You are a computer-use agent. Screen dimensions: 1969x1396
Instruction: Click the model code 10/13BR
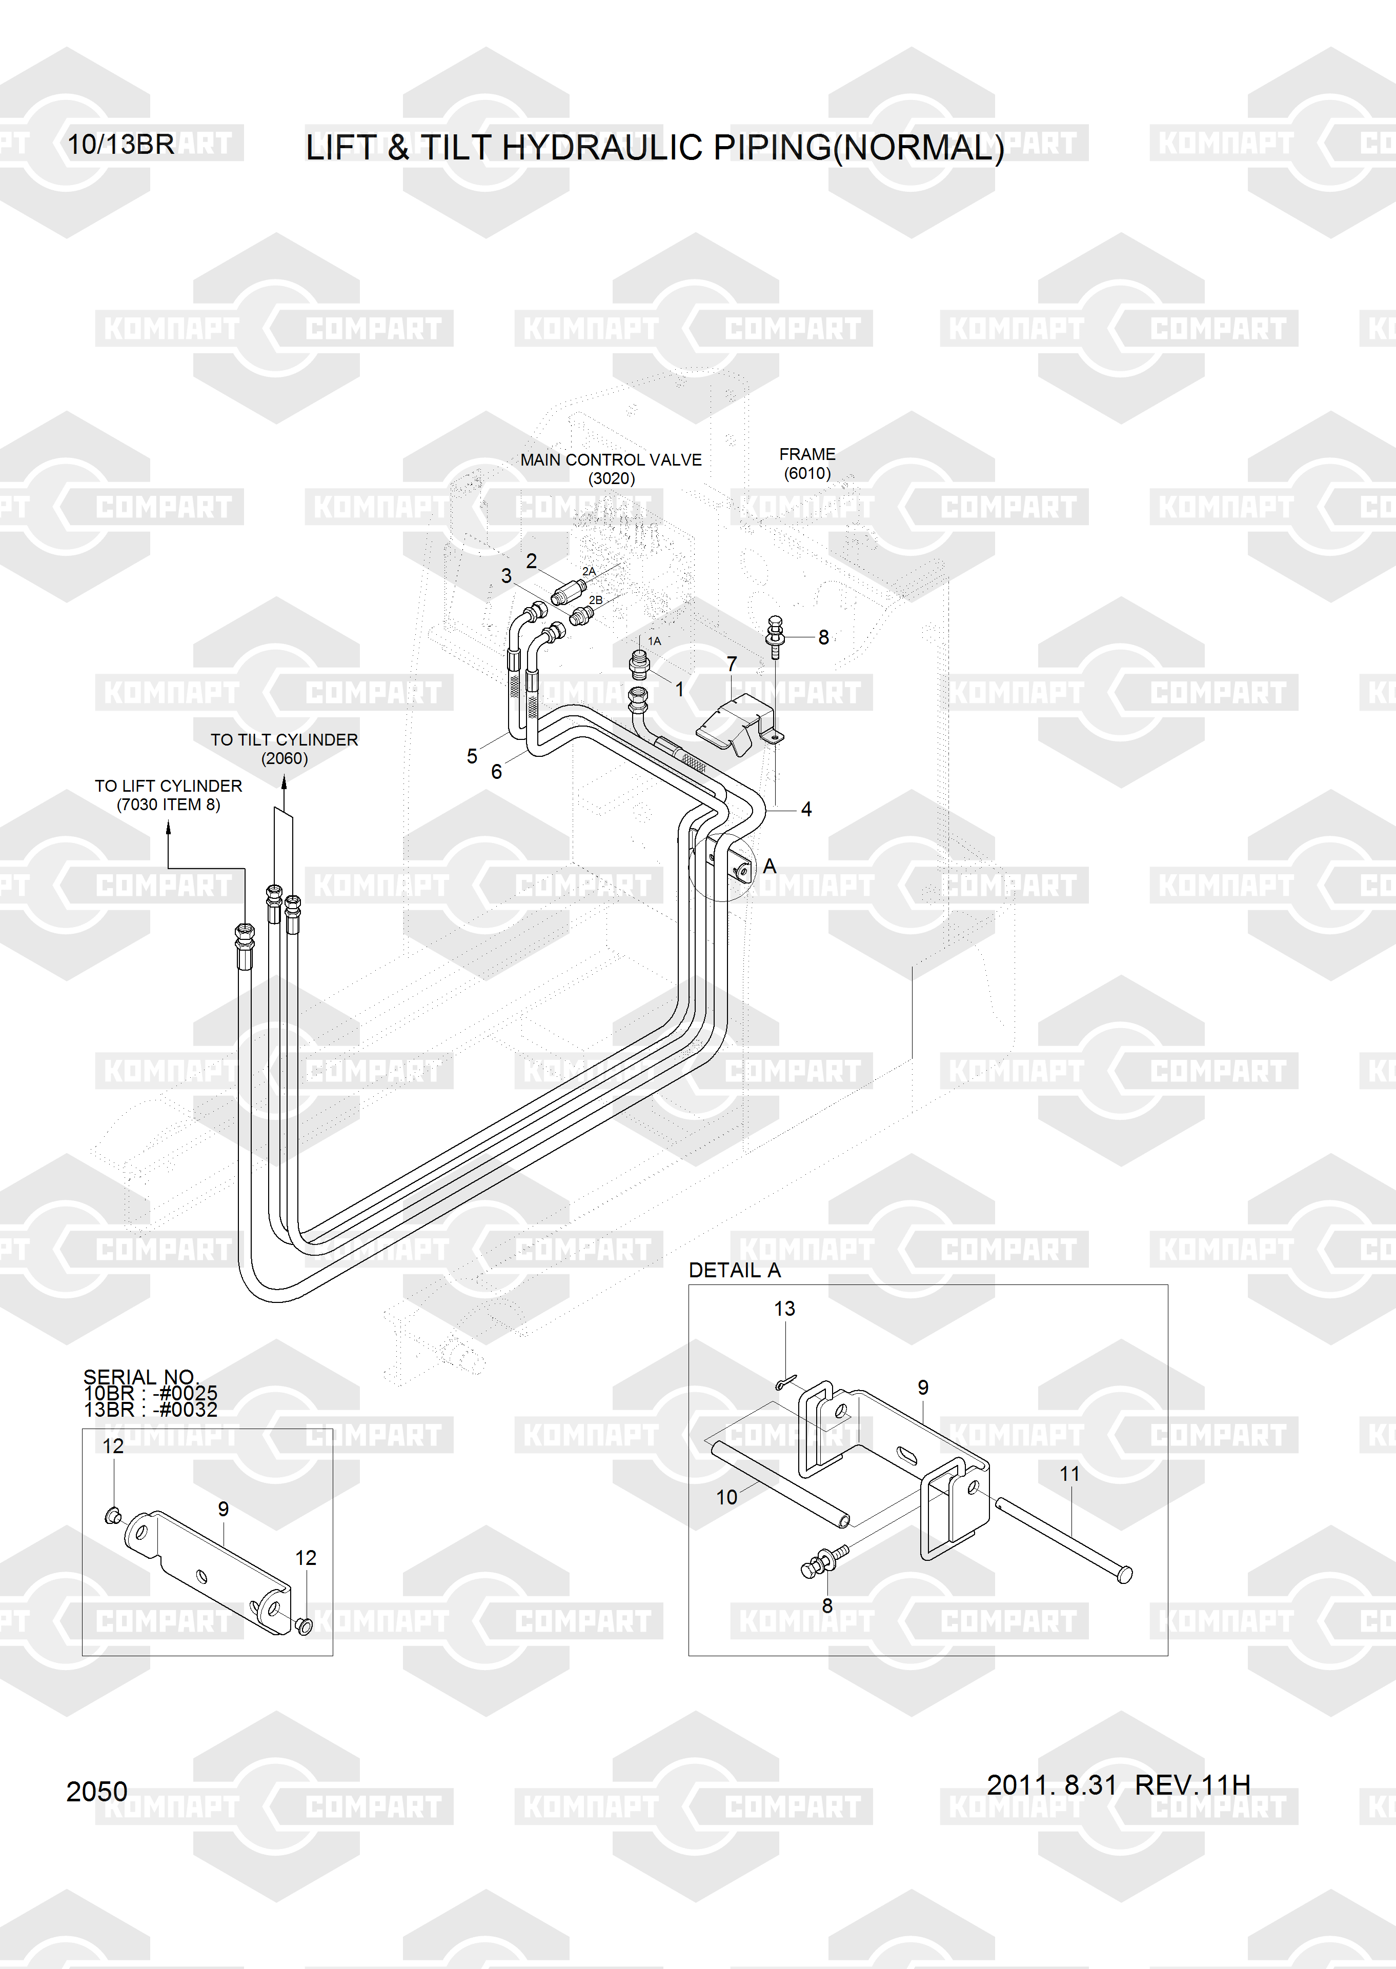click(120, 145)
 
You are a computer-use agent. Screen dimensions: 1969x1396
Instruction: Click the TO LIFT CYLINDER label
click(169, 786)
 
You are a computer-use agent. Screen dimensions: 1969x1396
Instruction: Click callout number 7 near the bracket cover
click(732, 664)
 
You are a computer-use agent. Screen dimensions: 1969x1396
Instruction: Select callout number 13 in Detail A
click(784, 1309)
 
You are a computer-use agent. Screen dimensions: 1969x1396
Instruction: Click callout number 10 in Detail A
click(726, 1497)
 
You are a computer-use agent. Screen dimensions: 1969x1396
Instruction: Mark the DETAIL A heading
click(734, 1270)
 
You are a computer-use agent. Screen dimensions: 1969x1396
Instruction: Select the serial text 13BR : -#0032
click(150, 1409)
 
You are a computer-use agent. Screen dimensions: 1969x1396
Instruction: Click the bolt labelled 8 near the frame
click(775, 635)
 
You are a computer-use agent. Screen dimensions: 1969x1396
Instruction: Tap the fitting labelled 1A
click(639, 664)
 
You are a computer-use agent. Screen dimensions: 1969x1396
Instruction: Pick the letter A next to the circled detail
click(770, 866)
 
